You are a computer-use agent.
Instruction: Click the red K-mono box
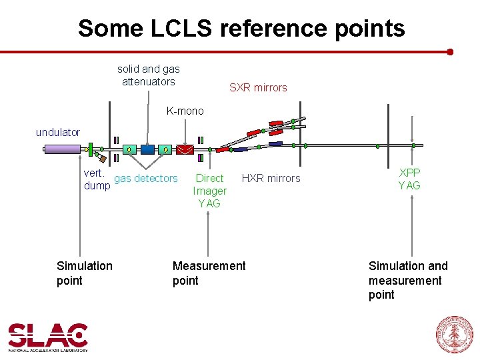(185, 150)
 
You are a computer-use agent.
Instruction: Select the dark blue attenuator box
(147, 149)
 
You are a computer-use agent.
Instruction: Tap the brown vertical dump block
(101, 158)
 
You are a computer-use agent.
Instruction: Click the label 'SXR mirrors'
(258, 87)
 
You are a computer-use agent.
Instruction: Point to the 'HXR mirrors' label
(271, 178)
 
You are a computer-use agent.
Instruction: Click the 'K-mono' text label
(185, 111)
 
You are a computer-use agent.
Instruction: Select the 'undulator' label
(58, 132)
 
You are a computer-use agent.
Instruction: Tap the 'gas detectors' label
(146, 178)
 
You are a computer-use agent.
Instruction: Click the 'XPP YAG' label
(409, 179)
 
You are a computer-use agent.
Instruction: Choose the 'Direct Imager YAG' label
(210, 191)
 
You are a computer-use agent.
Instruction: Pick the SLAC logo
(48, 337)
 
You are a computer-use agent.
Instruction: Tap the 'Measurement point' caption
(209, 273)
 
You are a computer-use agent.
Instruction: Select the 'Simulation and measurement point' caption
(408, 280)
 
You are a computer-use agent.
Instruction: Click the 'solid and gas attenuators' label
(149, 75)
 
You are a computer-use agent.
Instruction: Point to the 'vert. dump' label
(97, 179)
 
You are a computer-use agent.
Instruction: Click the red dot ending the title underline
(450, 51)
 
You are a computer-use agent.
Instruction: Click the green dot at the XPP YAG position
(413, 145)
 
